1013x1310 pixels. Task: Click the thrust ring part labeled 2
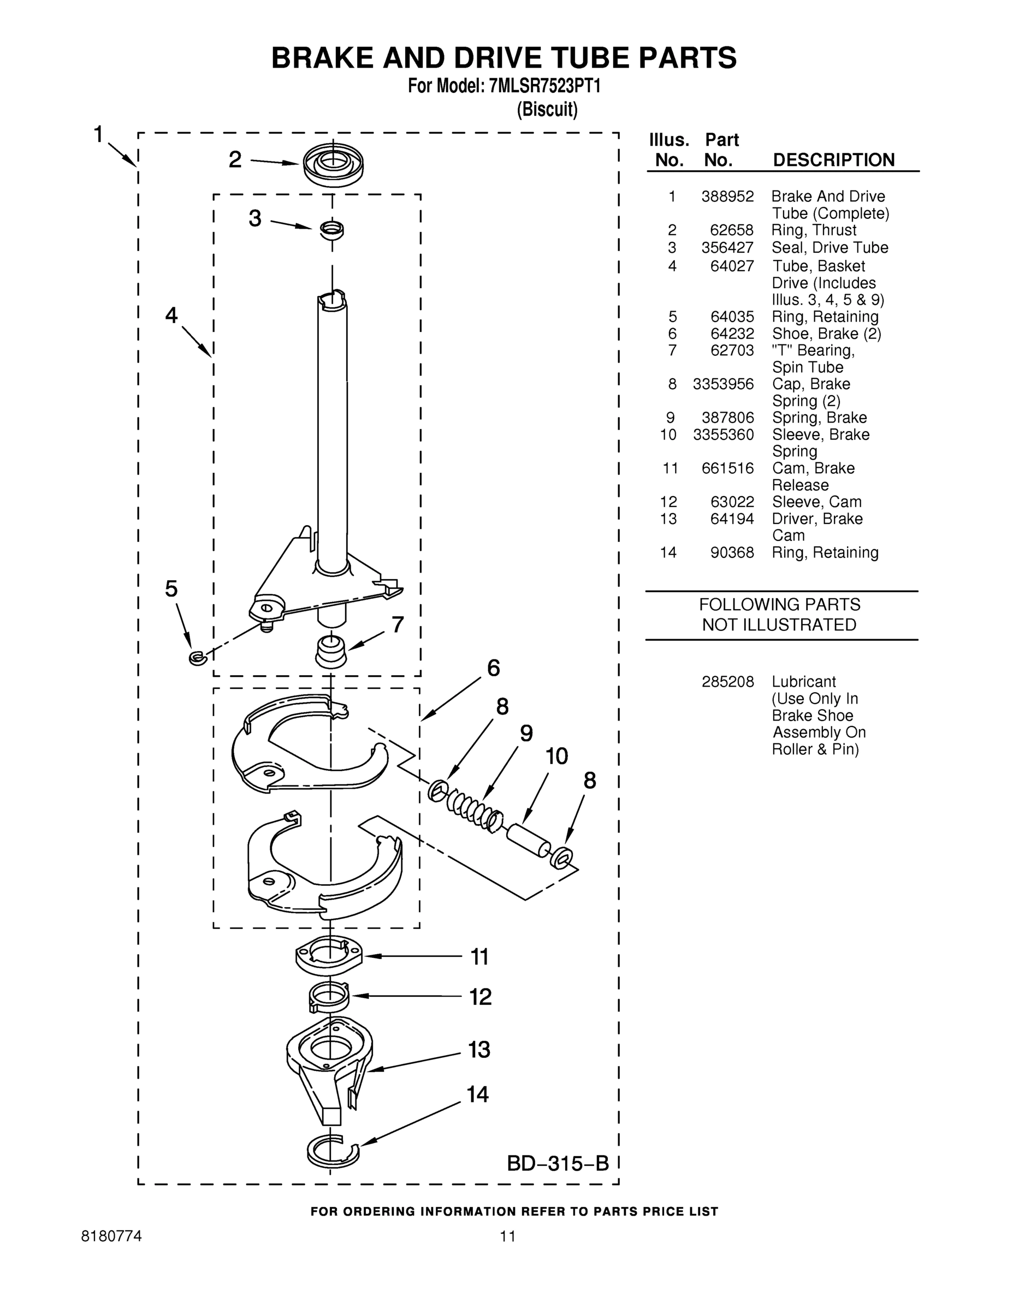pos(333,164)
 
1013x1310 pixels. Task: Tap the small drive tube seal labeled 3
pos(331,229)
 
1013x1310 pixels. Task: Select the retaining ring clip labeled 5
pos(196,658)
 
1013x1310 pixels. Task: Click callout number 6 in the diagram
pos(493,668)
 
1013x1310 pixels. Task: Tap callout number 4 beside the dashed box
pos(171,315)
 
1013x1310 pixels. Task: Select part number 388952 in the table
pos(727,196)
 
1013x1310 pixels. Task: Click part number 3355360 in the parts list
pos(723,434)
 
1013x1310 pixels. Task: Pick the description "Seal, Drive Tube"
pos(830,248)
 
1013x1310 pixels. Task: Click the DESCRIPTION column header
pos(833,160)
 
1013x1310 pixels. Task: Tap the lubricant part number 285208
pos(727,682)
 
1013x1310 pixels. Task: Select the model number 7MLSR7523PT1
pos(545,86)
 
